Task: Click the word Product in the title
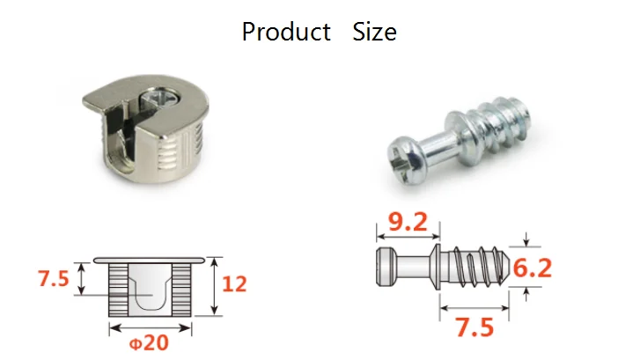286,32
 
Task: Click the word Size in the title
374,32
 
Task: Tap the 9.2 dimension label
408,222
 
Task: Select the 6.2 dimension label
532,268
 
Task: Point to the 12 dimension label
234,284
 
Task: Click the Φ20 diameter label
149,342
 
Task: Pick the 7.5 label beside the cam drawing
54,278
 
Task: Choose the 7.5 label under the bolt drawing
475,327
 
